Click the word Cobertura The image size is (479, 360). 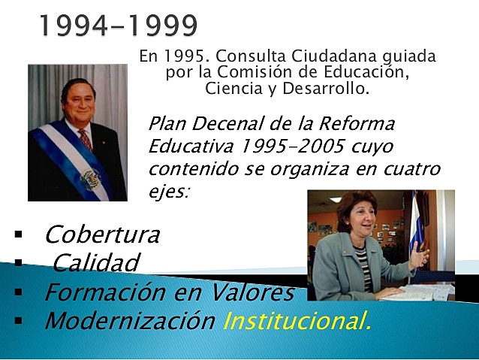(102, 234)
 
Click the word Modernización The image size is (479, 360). (130, 321)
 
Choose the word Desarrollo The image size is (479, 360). (329, 89)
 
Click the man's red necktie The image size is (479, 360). (85, 139)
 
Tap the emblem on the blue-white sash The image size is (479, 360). (91, 179)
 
